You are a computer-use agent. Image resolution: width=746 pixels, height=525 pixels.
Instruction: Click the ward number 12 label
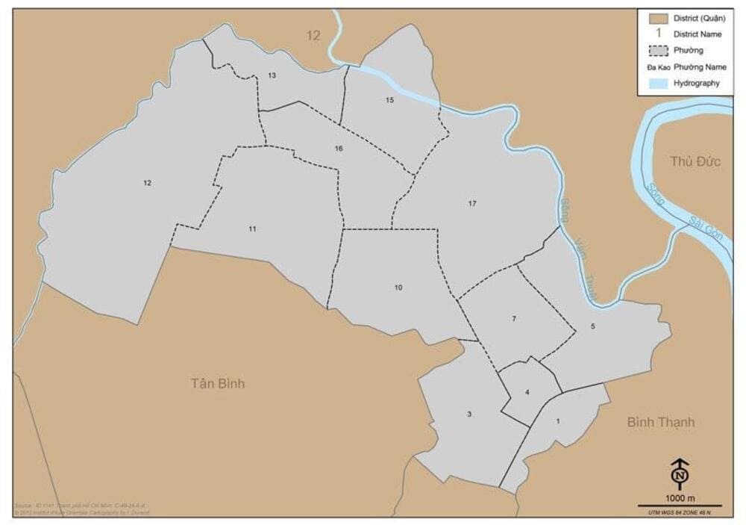coord(148,183)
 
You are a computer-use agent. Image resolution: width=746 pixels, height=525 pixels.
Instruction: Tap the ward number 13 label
coord(272,75)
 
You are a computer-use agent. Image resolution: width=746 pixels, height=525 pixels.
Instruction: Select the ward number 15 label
coord(389,100)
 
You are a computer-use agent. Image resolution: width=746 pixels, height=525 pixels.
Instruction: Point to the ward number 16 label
coord(339,149)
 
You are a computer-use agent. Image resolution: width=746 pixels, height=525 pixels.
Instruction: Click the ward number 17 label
coord(472,203)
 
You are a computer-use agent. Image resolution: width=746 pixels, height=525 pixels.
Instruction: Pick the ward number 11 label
coord(253,229)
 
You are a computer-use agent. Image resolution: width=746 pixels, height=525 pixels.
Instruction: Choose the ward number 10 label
coord(398,288)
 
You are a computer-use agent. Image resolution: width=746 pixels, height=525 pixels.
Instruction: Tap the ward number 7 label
coord(514,320)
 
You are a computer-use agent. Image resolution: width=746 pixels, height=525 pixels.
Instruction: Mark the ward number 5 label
coord(593,326)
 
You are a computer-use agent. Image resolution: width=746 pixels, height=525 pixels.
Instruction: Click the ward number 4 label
coord(527,393)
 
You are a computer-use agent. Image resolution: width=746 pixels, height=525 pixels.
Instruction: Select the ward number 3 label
coord(469,414)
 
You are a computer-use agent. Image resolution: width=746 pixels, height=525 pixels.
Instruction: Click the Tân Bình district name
coord(217,384)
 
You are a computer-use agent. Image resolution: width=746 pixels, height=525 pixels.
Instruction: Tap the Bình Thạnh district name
coord(660,423)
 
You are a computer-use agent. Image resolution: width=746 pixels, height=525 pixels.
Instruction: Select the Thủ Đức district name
coord(695,161)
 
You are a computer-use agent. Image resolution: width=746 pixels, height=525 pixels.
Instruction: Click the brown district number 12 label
coord(313,35)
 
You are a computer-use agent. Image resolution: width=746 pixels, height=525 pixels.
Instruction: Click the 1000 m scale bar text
coord(680,498)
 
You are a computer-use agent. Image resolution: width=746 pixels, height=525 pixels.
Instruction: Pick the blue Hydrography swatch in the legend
coord(657,84)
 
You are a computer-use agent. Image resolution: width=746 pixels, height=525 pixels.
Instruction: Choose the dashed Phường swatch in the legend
coord(657,51)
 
